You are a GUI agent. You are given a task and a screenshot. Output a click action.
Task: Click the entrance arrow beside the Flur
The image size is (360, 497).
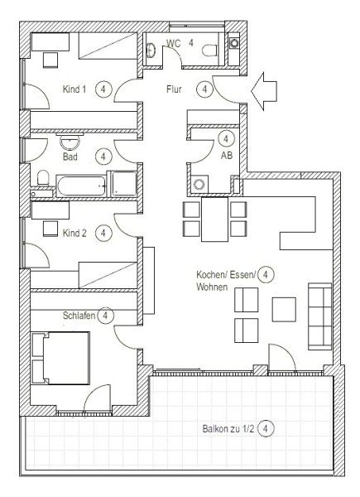point(264,91)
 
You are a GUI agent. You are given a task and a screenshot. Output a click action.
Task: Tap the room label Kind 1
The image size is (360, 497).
point(74,89)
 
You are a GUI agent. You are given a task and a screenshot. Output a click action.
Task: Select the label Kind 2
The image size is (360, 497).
point(74,233)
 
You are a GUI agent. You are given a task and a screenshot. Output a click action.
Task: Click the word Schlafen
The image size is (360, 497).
point(79,316)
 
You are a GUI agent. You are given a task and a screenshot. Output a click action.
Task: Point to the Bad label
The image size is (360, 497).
point(70,157)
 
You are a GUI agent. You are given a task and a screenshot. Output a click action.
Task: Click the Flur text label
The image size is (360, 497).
point(174,89)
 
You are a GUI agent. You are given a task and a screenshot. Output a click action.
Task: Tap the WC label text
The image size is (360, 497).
point(174,43)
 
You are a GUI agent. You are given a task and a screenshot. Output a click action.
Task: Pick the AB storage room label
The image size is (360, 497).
point(227,155)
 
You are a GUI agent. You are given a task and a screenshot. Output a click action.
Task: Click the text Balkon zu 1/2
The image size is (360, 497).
point(228,429)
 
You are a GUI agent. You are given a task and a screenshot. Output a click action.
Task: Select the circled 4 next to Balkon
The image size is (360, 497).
point(266,428)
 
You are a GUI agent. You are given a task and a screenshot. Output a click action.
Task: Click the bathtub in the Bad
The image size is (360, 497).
point(81,186)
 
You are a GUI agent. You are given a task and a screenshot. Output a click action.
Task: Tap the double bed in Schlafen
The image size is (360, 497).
point(60,358)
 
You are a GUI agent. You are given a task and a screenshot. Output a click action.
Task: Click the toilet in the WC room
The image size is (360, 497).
point(210,50)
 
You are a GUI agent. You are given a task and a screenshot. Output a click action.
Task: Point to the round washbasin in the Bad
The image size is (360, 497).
point(70,142)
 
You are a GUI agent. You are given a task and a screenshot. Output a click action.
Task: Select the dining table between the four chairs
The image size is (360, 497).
point(214,219)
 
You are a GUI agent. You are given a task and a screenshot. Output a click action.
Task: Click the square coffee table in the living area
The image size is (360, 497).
point(284,309)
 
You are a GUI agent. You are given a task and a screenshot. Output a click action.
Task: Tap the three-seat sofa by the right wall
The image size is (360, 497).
point(319,316)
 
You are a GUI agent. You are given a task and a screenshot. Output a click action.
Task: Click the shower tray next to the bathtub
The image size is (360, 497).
point(124,184)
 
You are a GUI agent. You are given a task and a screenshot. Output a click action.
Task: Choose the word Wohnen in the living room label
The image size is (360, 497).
point(212,287)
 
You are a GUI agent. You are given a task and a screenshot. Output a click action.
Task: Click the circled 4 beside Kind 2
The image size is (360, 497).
point(103,233)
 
